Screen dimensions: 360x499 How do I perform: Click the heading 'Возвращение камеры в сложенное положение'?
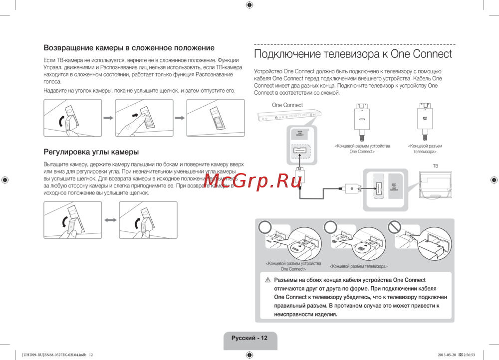[x=129, y=48]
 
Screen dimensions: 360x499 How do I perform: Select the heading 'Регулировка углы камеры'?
[x=91, y=152]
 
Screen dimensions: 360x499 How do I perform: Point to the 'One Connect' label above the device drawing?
[x=287, y=105]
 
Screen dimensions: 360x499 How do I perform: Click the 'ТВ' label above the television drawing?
[x=435, y=166]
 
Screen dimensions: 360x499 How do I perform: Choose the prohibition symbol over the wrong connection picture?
[x=395, y=227]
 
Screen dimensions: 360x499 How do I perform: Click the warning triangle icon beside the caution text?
[x=267, y=281]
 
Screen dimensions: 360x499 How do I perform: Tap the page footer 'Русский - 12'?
[x=249, y=338]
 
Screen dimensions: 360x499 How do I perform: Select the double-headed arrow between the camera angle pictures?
[x=110, y=220]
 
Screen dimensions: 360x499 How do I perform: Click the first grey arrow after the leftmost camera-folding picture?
[x=108, y=118]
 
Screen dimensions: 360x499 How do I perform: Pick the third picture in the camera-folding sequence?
[x=215, y=118]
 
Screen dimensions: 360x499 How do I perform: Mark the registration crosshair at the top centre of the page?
[x=249, y=5]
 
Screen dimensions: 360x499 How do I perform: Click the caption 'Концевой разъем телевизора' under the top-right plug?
[x=425, y=149]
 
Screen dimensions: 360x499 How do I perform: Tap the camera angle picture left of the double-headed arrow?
[x=72, y=220]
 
